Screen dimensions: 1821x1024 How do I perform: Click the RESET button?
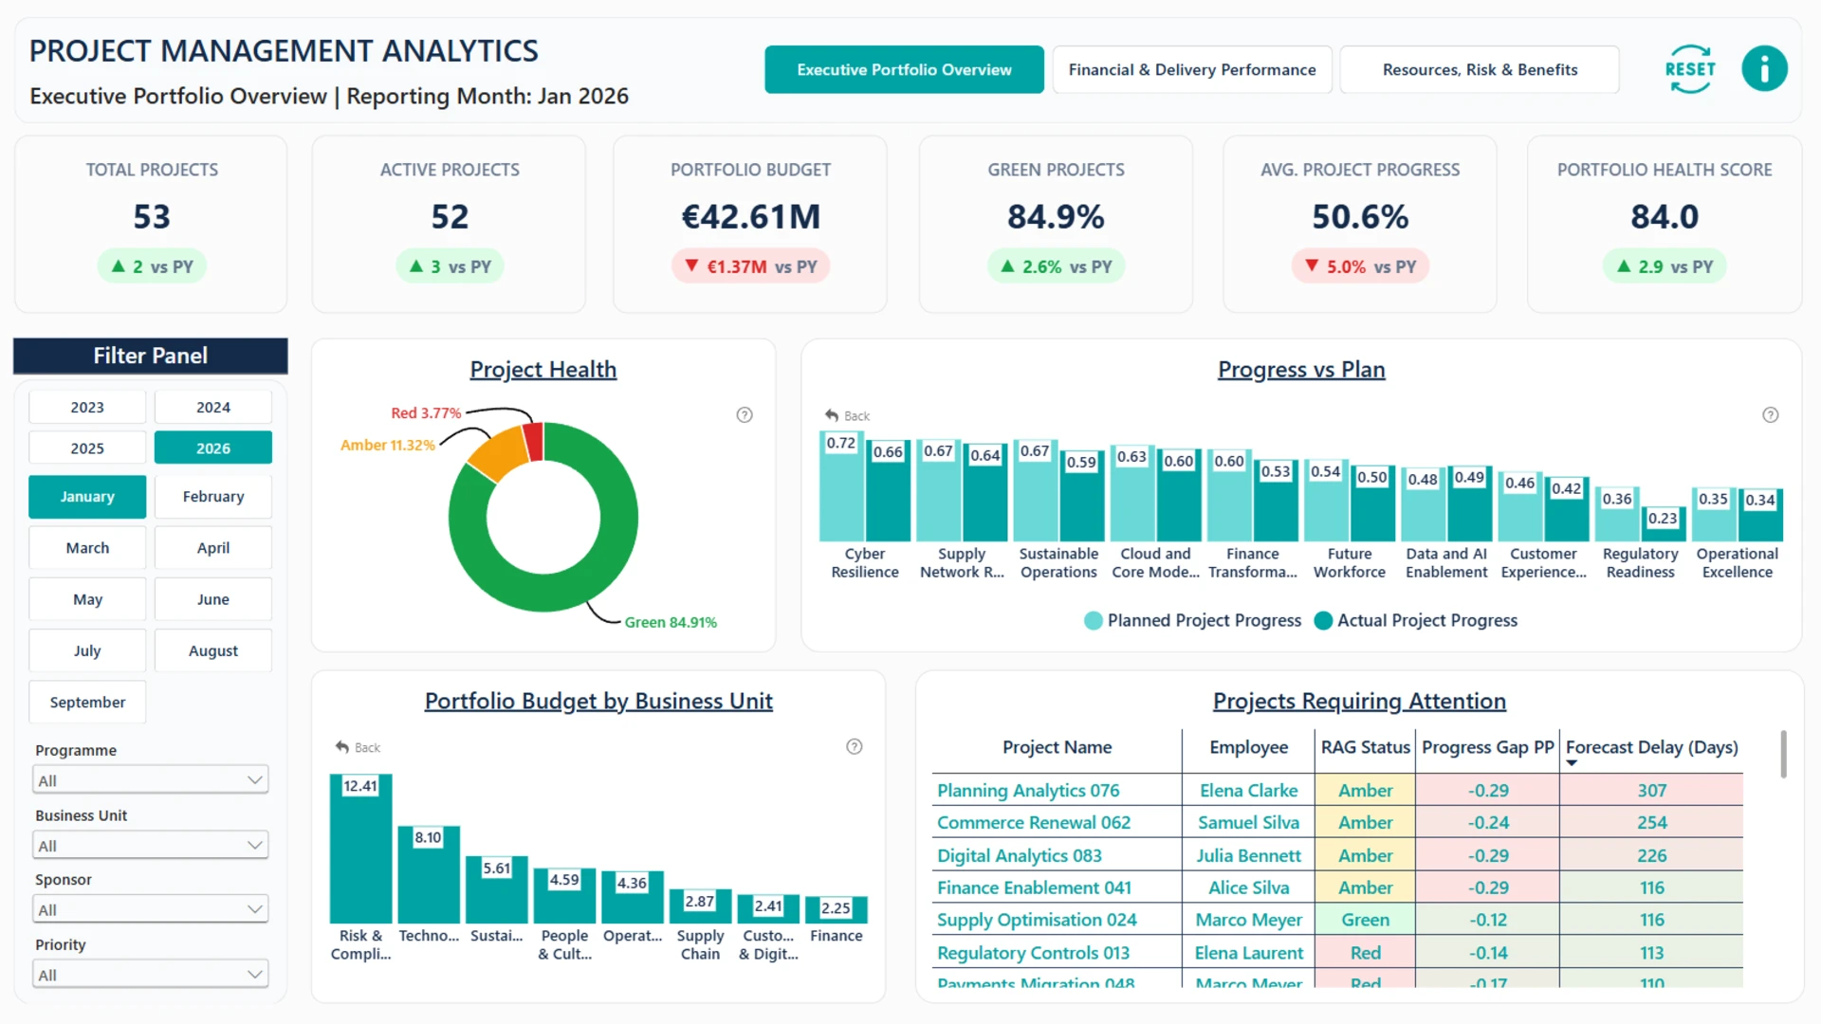point(1690,69)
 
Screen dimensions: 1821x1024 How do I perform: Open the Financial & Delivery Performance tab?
point(1192,69)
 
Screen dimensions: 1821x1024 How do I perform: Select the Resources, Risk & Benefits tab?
point(1480,69)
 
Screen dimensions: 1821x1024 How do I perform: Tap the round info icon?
point(1764,69)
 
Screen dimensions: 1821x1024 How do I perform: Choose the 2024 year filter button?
point(213,407)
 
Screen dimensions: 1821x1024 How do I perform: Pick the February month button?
point(213,497)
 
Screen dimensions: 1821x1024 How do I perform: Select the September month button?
point(87,703)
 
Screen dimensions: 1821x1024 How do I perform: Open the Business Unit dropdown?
point(151,845)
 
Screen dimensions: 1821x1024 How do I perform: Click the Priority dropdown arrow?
point(254,974)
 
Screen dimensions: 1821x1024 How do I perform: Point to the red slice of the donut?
point(533,441)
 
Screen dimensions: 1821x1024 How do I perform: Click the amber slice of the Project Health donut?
point(499,454)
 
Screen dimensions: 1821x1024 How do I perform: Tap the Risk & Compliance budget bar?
point(360,849)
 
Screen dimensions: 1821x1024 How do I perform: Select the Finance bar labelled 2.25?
point(836,909)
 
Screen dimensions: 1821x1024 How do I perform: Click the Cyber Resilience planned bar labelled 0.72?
point(841,486)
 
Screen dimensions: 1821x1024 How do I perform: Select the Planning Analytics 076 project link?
point(1028,791)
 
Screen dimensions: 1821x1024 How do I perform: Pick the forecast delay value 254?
point(1651,823)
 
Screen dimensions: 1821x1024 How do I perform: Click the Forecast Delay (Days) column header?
point(1651,747)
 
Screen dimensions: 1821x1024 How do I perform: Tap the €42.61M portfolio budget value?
point(750,217)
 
